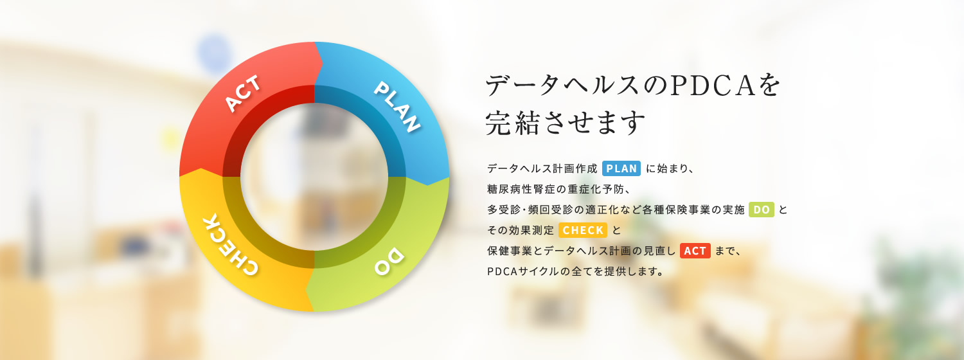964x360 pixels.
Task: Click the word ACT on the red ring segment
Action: pos(242,93)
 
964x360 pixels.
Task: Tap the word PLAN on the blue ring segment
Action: pos(397,107)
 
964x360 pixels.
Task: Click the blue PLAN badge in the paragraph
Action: pos(621,168)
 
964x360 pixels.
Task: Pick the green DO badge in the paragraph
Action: pos(762,210)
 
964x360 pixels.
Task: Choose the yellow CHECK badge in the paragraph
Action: pos(583,230)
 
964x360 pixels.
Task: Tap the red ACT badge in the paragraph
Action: pos(695,251)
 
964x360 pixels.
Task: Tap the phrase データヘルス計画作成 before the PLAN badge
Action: pos(542,168)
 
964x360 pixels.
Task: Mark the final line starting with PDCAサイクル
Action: pos(575,271)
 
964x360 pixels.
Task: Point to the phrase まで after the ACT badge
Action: pos(726,251)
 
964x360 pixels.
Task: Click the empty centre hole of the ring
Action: pos(314,177)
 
